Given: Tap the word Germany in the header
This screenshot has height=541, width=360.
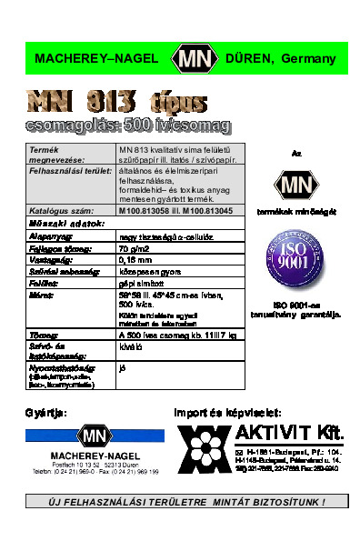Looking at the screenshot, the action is coord(310,59).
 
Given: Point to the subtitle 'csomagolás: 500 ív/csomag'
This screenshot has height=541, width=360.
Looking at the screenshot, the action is coord(127,124).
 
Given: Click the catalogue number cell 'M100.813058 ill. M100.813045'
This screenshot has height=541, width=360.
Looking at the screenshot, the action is coord(175,209).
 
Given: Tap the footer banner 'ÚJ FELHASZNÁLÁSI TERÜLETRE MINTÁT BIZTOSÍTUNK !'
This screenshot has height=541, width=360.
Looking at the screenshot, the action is coord(185,501).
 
